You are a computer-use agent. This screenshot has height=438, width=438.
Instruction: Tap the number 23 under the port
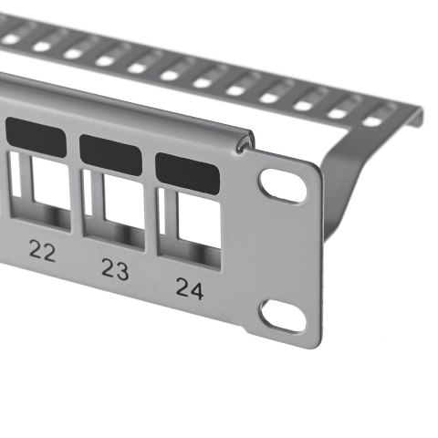coord(115,268)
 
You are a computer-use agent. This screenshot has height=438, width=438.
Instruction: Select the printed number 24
coord(189,288)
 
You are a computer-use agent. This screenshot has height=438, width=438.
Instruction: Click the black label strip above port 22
coord(36,139)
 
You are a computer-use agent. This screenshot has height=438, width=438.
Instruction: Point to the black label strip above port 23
coord(110,154)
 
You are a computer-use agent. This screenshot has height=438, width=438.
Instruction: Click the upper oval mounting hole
coord(283,185)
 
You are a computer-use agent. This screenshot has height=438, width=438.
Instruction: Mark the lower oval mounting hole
coord(282,315)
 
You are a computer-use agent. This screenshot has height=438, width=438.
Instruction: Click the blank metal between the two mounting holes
coord(285,251)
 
